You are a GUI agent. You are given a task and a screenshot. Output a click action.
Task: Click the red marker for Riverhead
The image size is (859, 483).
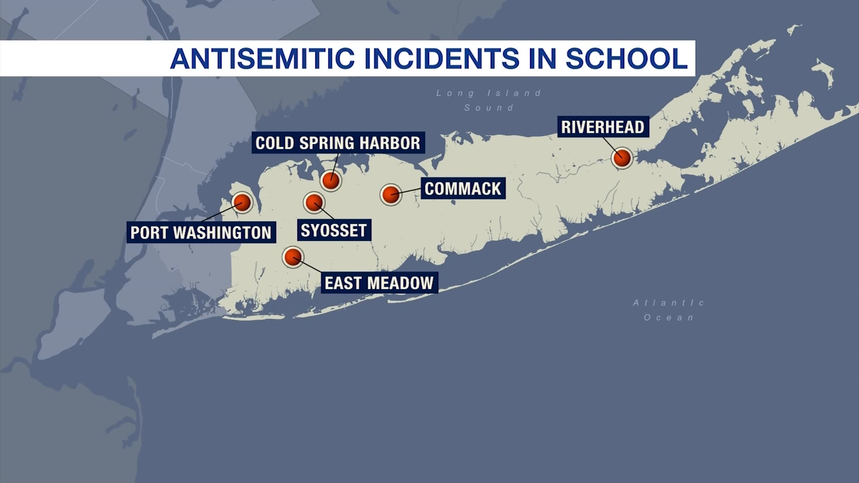[622, 157]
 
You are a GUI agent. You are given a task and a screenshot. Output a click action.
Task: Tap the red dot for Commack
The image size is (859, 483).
[391, 194]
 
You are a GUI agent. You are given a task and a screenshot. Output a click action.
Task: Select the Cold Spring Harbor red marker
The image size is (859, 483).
[331, 180]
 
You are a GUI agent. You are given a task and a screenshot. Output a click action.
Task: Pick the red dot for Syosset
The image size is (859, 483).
[314, 203]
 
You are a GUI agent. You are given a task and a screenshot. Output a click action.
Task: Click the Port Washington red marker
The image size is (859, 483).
[242, 203]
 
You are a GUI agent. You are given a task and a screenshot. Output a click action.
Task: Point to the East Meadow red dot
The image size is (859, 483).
[293, 257]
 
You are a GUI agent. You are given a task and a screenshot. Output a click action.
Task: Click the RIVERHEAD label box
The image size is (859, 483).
[603, 127]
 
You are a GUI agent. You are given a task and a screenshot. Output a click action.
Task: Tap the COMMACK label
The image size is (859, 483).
[463, 189]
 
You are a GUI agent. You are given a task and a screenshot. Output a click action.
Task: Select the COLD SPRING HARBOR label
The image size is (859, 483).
[338, 143]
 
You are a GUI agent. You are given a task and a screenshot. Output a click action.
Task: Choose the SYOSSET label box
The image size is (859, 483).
[334, 230]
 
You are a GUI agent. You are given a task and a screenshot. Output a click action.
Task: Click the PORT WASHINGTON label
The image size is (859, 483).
[201, 233]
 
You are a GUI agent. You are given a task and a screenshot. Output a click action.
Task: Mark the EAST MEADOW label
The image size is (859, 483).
[379, 283]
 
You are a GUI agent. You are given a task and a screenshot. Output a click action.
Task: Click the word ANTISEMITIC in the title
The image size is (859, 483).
[263, 59]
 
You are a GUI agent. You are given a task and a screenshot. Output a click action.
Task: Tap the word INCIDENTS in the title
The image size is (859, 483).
[442, 59]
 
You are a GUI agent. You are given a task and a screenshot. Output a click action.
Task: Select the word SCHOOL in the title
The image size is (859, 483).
[626, 59]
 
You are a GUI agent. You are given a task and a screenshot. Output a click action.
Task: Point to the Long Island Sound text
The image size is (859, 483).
[489, 100]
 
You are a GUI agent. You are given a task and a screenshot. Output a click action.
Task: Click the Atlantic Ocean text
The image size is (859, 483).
[669, 310]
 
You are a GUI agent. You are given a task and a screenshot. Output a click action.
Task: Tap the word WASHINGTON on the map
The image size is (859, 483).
[222, 233]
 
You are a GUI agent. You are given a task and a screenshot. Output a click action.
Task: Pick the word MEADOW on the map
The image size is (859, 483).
[400, 283]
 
